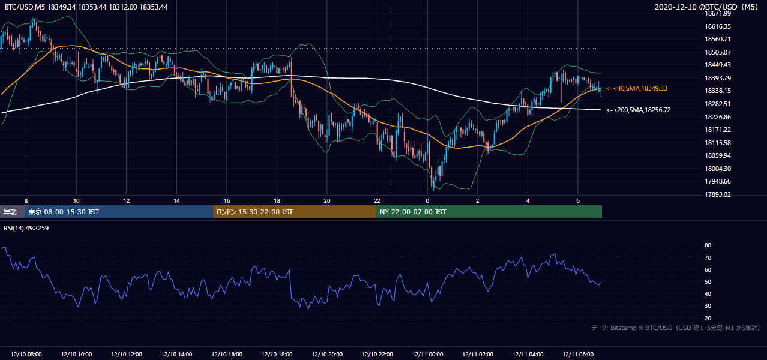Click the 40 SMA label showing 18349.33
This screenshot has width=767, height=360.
coord(637,88)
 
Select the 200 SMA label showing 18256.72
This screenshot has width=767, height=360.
coord(638,110)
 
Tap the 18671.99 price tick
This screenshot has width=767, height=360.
coord(718,13)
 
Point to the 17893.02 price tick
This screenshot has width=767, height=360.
coord(718,194)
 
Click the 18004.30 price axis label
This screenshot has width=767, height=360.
coord(718,169)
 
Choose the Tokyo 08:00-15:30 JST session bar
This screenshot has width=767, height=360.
coord(119,212)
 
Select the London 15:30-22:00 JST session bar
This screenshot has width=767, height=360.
coord(295,212)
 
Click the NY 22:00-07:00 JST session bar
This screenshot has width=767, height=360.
coord(489,212)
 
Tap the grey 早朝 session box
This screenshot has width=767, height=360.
coord(13,212)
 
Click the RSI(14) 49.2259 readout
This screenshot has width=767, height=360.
coord(26,228)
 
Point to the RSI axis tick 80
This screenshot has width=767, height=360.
coord(708,245)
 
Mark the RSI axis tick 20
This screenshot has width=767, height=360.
coord(708,318)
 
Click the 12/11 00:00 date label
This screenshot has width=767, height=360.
coord(427,354)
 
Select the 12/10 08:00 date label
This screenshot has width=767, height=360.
coord(26,354)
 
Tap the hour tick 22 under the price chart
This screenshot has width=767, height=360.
coord(377,201)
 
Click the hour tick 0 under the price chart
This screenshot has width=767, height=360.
coord(427,201)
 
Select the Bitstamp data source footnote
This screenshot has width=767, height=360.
coord(676,328)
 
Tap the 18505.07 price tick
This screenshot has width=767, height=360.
coord(718,52)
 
